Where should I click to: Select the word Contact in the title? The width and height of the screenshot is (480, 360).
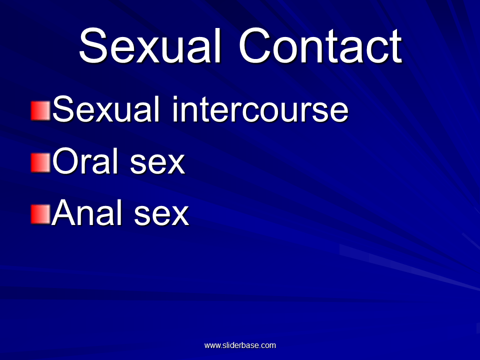(x=320, y=46)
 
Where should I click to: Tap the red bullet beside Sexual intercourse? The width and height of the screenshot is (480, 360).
(x=40, y=110)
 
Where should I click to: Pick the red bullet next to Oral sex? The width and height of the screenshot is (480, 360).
(x=40, y=162)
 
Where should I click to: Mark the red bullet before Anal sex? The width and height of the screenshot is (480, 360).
(x=40, y=214)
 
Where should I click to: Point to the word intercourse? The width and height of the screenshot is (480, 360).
(x=260, y=109)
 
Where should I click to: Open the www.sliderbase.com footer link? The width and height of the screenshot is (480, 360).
(x=240, y=345)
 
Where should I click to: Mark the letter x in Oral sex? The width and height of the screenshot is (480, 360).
(x=175, y=164)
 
